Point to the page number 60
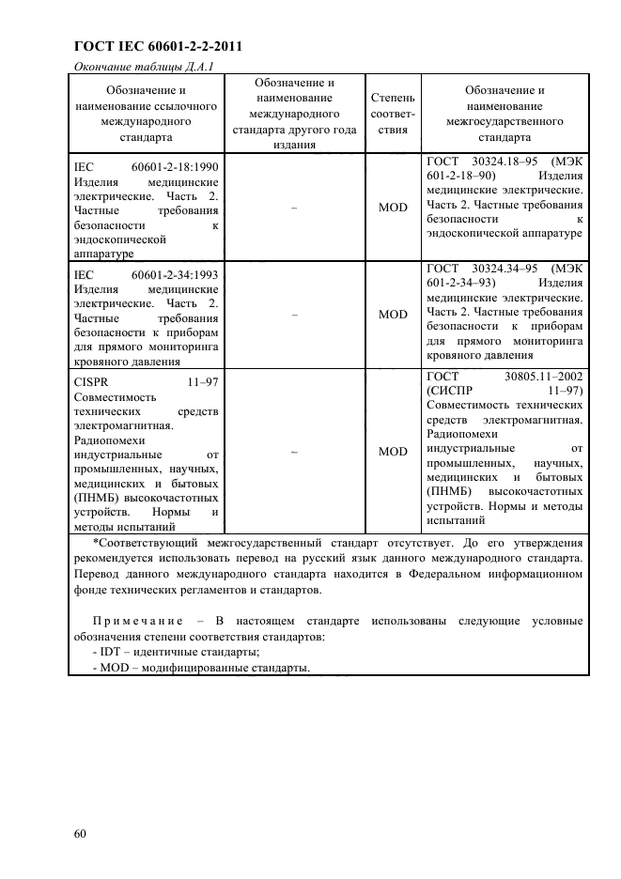pos(78,833)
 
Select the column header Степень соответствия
pos(393,114)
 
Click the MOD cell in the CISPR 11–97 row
pos(393,452)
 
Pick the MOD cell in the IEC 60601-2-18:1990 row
pos(393,208)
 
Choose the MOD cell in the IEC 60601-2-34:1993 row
pos(393,315)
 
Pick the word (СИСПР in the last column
pos(452,391)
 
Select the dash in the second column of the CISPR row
pos(295,452)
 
